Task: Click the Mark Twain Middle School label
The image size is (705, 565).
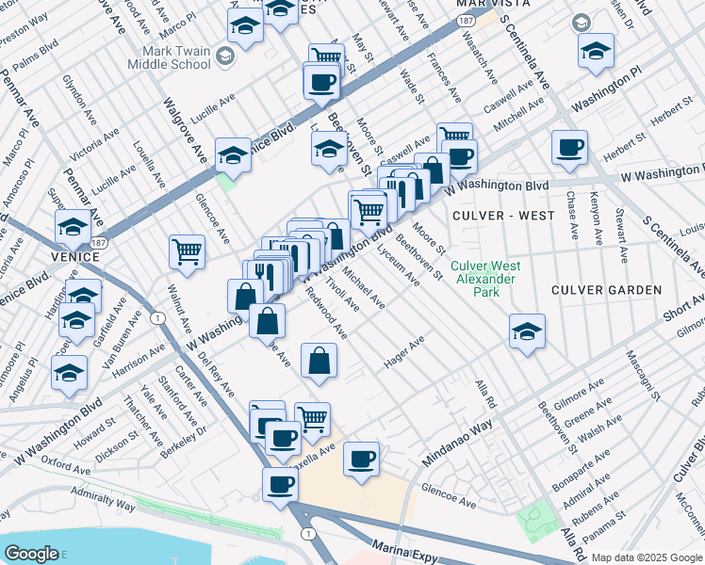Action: (x=175, y=57)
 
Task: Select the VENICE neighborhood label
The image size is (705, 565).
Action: (x=76, y=256)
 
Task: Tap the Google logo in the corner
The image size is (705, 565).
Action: (x=31, y=553)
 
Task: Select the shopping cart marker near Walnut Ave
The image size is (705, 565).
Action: (x=187, y=251)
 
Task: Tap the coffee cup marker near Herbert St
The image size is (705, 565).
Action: (x=569, y=147)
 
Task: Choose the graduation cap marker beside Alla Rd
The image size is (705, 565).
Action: (x=527, y=331)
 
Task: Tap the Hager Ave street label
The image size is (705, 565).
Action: (x=404, y=351)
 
